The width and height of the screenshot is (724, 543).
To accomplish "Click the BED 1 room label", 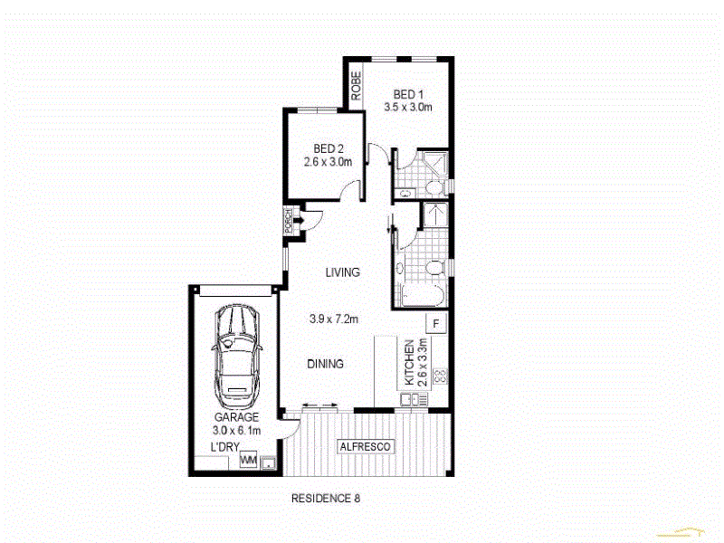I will click(408, 94).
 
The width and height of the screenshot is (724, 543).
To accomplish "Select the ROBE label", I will click(357, 85).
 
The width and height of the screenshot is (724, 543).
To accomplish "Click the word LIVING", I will click(343, 272).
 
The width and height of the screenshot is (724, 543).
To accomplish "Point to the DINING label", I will click(325, 365).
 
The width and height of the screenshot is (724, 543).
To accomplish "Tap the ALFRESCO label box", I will click(365, 447).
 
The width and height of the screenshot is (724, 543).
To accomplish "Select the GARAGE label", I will click(236, 417).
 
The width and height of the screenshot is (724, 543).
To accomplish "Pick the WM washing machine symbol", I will click(248, 462).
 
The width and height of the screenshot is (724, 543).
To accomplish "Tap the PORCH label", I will click(288, 222).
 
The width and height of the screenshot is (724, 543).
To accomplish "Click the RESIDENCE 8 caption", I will click(326, 498).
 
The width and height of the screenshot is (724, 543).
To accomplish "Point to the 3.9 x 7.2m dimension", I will click(335, 319).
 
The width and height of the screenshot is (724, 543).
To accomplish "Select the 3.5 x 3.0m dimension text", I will click(408, 108).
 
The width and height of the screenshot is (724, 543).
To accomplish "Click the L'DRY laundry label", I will click(224, 448).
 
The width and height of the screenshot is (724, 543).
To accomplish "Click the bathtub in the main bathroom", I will click(418, 297).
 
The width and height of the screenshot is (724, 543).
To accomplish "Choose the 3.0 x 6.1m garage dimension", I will click(235, 431).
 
